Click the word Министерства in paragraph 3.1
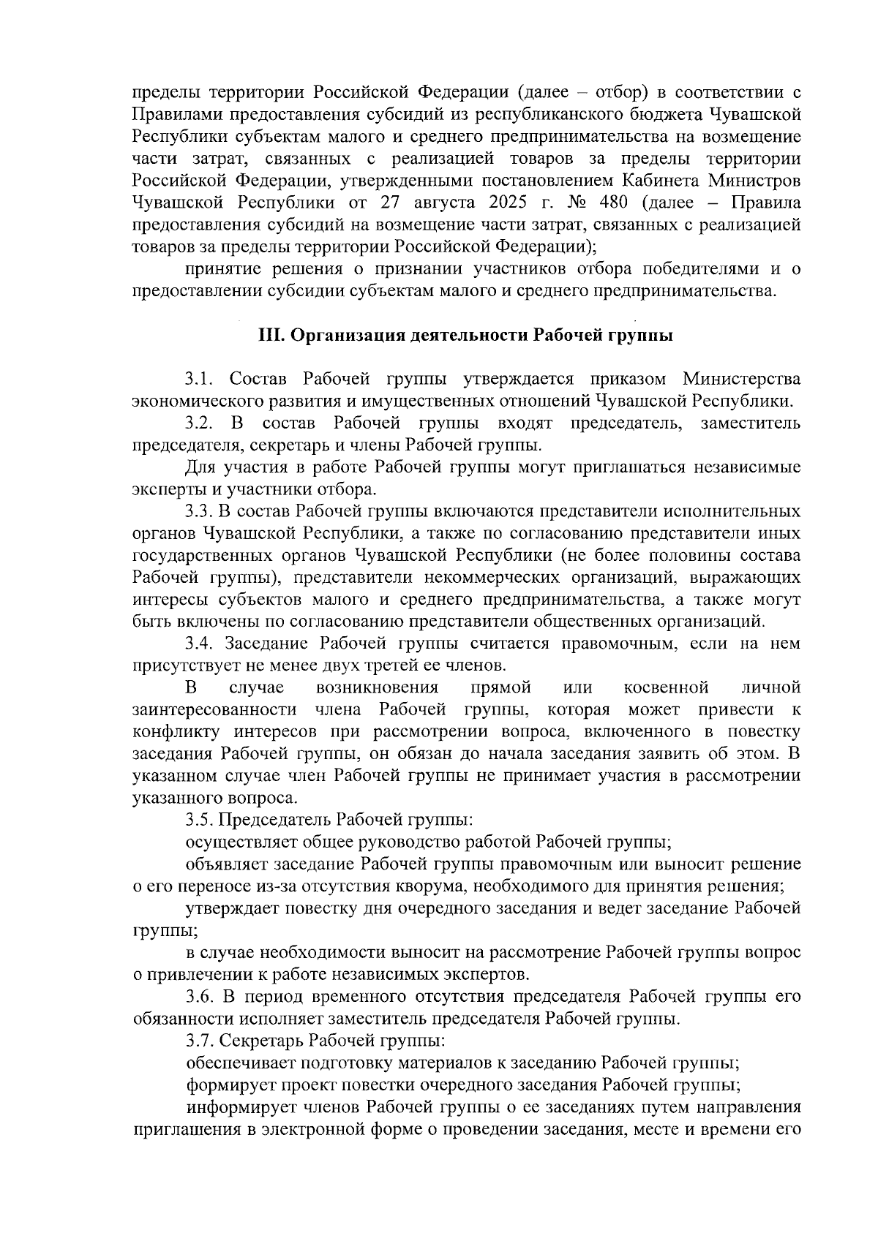click(741, 380)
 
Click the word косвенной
click(667, 688)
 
